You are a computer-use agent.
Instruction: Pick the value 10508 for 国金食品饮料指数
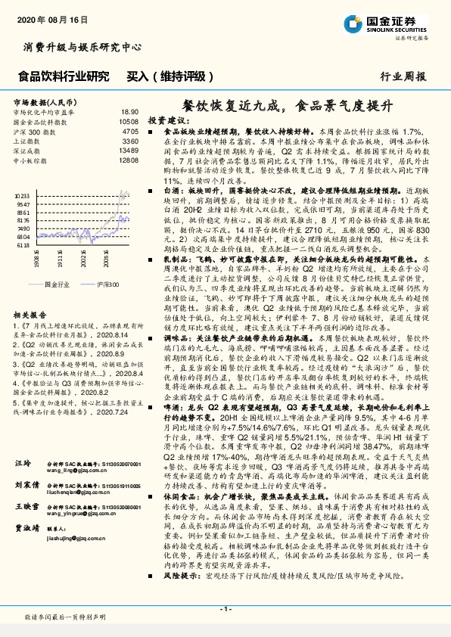point(129,121)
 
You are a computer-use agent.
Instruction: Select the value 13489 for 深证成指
point(129,151)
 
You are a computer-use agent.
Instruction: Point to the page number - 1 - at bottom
point(225,609)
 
